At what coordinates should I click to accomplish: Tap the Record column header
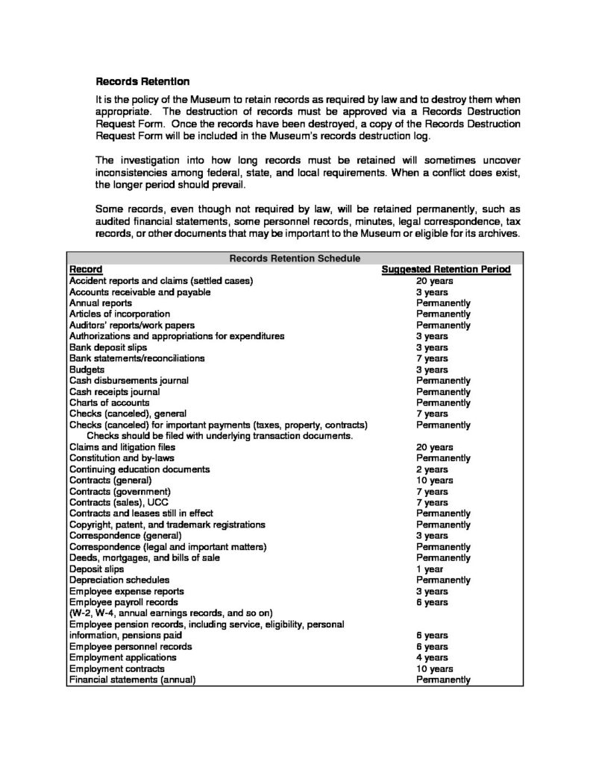(86, 270)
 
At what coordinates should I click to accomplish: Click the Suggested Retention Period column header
(445, 270)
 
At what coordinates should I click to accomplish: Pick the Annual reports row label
(101, 303)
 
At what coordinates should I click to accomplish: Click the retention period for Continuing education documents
(433, 469)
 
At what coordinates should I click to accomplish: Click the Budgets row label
(87, 370)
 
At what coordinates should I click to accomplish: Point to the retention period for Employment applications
(433, 657)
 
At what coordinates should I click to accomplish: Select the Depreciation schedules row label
(119, 580)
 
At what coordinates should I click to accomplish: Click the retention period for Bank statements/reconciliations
(433, 358)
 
